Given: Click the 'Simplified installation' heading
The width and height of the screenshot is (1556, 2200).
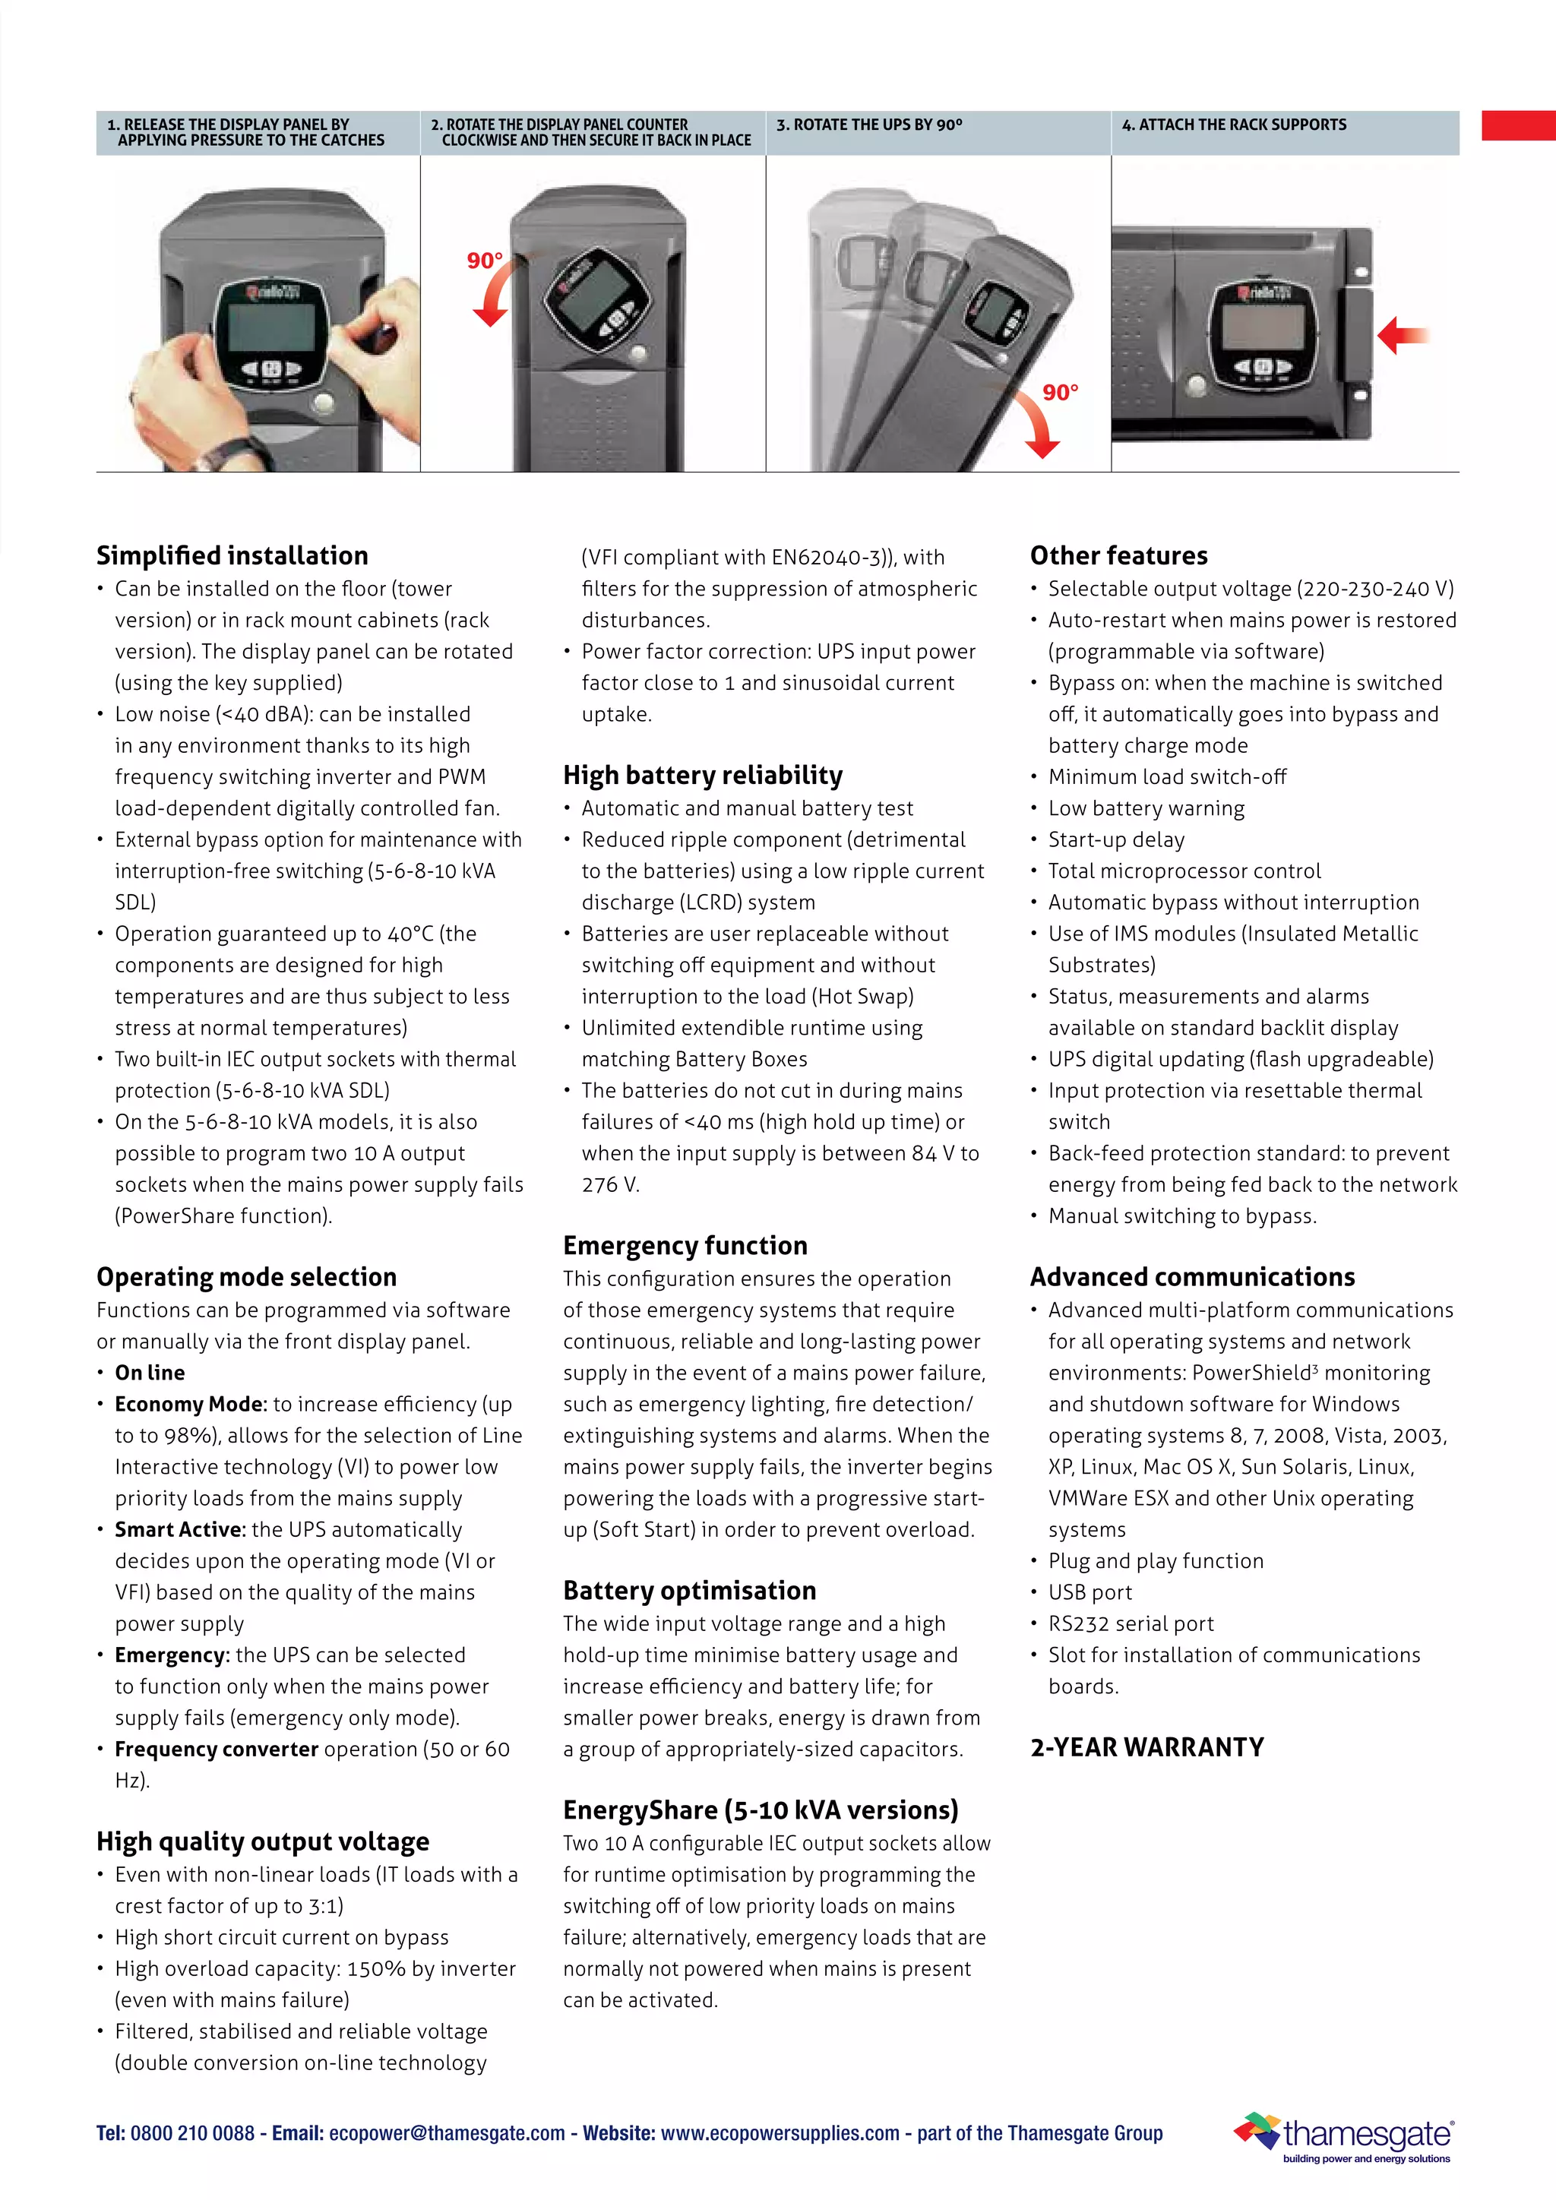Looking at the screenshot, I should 232,556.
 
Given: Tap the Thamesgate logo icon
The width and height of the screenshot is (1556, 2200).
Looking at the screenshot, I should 1256,2130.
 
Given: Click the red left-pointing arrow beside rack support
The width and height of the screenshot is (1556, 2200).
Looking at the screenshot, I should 1402,335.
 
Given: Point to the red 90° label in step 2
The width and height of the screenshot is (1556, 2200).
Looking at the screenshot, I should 484,261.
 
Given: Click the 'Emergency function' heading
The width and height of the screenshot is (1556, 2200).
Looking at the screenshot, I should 685,1246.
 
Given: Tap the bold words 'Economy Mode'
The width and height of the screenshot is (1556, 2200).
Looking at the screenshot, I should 188,1404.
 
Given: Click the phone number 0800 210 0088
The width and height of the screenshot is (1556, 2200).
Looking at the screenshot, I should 191,2133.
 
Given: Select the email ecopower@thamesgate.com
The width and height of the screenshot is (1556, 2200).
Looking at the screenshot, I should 447,2133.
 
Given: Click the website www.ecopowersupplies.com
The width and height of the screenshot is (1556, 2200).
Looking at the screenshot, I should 780,2133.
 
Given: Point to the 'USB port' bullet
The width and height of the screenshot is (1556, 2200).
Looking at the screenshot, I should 1090,1592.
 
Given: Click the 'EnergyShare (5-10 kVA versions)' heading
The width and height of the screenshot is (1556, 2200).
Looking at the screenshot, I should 760,1810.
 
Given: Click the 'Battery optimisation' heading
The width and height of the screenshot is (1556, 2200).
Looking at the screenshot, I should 689,1591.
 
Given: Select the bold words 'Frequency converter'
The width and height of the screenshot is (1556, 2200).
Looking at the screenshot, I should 216,1749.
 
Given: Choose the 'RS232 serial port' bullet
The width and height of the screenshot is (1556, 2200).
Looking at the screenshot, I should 1130,1623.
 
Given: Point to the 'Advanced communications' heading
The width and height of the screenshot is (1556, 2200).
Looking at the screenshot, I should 1192,1277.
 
